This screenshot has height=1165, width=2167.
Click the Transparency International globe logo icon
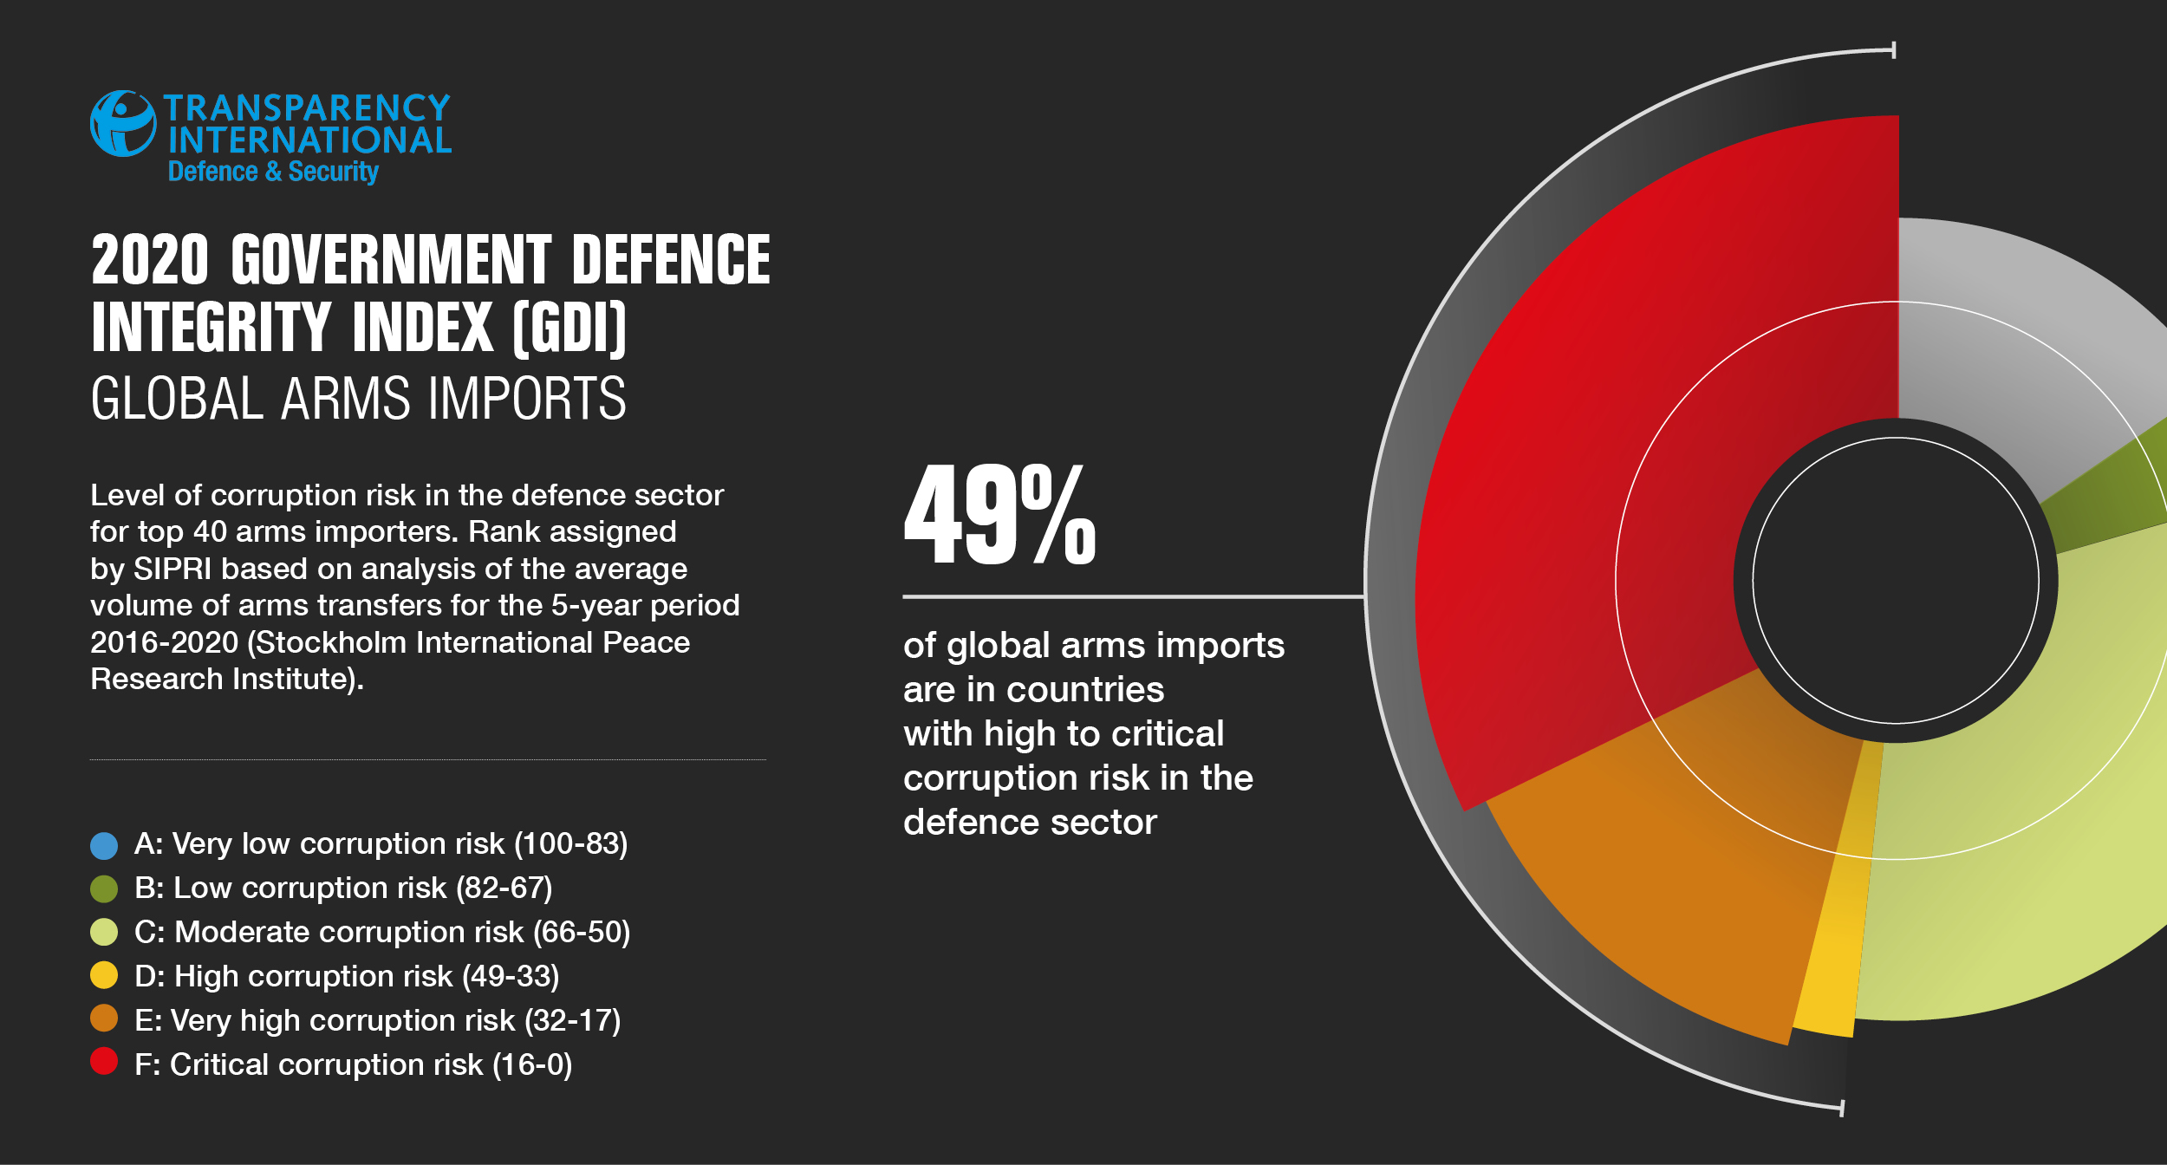pos(123,124)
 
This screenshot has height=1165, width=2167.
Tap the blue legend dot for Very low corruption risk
pos(104,845)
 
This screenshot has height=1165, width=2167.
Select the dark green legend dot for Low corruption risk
pos(104,888)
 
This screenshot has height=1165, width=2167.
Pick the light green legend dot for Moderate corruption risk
pos(104,933)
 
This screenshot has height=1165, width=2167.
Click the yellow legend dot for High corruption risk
pos(104,975)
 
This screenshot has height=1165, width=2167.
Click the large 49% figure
pos(999,513)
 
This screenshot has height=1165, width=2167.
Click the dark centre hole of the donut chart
pos(1896,580)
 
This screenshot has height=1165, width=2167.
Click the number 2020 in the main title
pos(150,259)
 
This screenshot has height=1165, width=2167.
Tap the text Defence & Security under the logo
pos(273,171)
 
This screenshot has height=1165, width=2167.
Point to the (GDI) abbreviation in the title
pos(569,329)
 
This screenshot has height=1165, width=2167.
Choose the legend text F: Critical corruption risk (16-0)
pos(354,1064)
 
